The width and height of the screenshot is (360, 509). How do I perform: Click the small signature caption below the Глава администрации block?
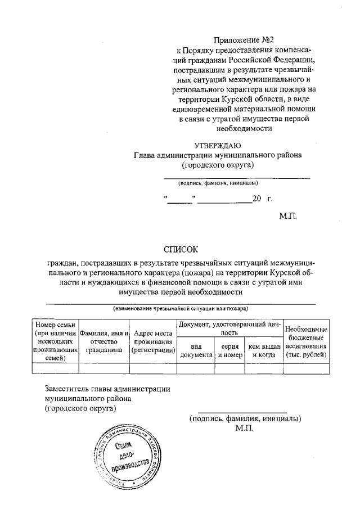(x=218, y=183)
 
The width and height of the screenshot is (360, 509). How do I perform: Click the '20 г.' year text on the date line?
(x=262, y=199)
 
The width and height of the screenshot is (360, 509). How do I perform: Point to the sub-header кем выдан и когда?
(x=263, y=351)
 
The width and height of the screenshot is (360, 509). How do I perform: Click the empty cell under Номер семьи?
(x=55, y=369)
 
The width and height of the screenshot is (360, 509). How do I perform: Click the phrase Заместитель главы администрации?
(x=107, y=389)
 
